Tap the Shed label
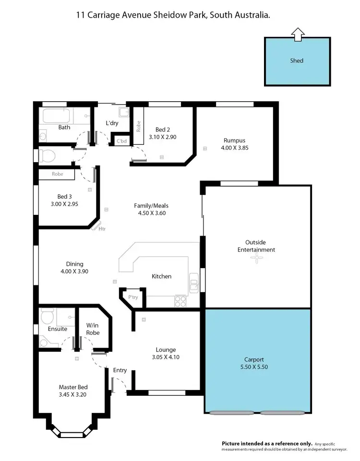point(297,61)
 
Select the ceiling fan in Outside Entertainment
point(257,259)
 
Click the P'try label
point(133,298)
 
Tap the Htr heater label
point(102,229)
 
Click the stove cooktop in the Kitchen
point(180,301)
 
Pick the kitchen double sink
point(194,283)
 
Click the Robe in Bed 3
point(57,175)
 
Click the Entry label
point(120,370)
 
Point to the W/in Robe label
point(93,329)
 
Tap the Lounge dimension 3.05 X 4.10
point(166,357)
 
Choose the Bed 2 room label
point(162,130)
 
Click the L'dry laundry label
point(112,123)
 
